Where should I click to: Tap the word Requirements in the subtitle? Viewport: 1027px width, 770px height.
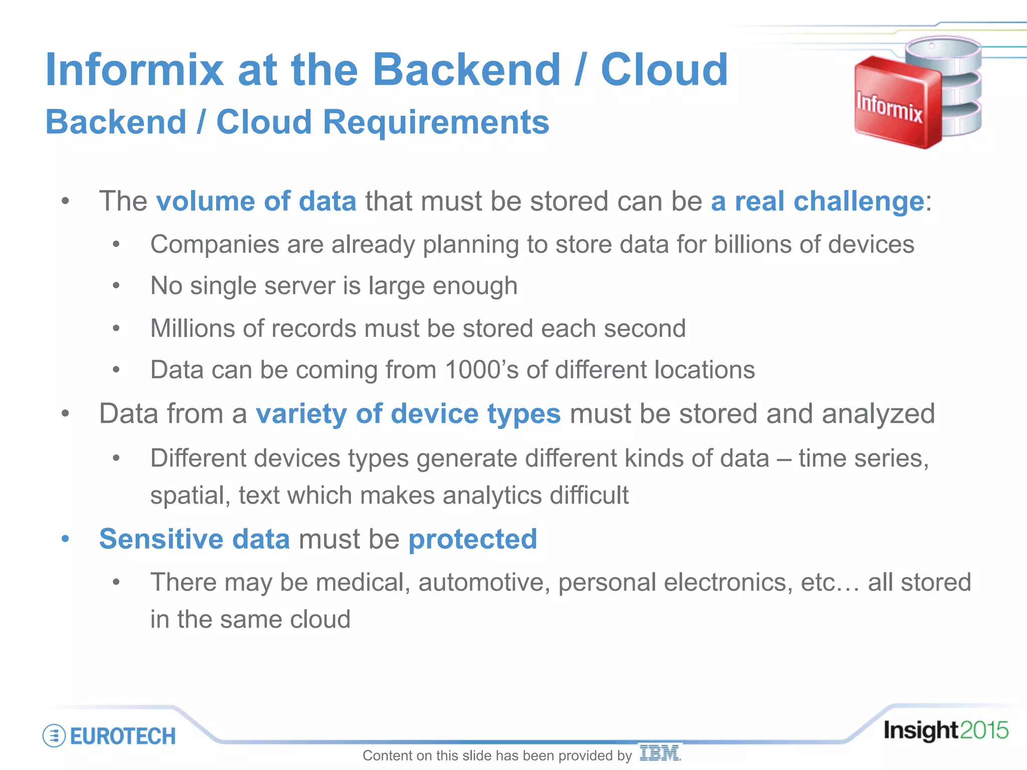[436, 122]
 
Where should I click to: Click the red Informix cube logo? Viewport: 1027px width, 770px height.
[893, 103]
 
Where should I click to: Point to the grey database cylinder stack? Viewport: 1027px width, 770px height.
[953, 85]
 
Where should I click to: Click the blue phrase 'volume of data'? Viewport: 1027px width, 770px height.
[256, 201]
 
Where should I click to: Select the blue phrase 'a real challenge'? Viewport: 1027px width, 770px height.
[817, 201]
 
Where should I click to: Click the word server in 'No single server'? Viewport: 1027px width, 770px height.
[300, 286]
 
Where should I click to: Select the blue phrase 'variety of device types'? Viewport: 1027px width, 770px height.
[408, 414]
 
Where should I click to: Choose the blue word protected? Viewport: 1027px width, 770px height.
[472, 539]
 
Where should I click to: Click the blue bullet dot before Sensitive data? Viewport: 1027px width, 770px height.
[65, 539]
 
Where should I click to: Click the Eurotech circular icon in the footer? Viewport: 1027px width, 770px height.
[54, 736]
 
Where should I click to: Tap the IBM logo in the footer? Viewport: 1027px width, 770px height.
[660, 753]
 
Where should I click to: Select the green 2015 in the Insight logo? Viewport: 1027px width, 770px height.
[983, 730]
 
